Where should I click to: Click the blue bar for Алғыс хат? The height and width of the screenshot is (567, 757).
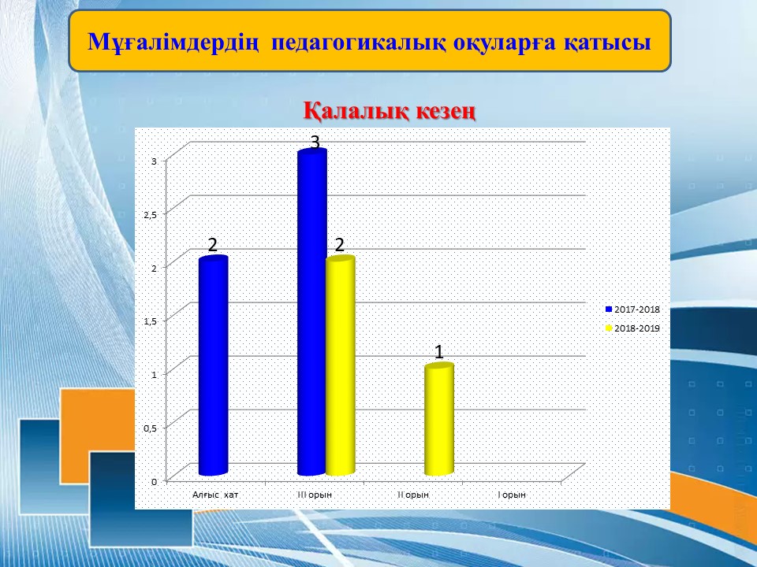[x=213, y=365]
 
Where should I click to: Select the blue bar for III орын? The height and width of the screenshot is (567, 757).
[x=312, y=312]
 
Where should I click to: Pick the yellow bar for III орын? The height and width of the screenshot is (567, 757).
[x=341, y=366]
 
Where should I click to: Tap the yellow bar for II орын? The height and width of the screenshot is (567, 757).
[x=439, y=420]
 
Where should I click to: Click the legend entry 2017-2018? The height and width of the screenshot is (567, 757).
[x=632, y=309]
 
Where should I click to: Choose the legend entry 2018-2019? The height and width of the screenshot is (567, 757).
[x=632, y=328]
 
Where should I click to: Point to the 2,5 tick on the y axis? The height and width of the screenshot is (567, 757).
[x=151, y=215]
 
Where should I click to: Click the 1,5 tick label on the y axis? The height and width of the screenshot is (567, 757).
[x=151, y=321]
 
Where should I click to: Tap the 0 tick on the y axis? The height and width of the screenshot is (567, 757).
[x=154, y=482]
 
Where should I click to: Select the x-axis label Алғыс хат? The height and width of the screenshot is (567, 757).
[x=215, y=495]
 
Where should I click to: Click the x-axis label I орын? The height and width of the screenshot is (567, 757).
[x=512, y=495]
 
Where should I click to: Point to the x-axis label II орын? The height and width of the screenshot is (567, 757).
[x=413, y=495]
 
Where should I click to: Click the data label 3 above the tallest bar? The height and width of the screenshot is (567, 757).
[x=315, y=143]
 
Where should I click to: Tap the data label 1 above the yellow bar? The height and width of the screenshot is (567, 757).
[x=439, y=352]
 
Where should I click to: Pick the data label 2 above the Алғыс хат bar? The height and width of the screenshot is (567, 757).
[x=213, y=245]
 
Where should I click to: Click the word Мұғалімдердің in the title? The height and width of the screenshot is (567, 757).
[x=174, y=43]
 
